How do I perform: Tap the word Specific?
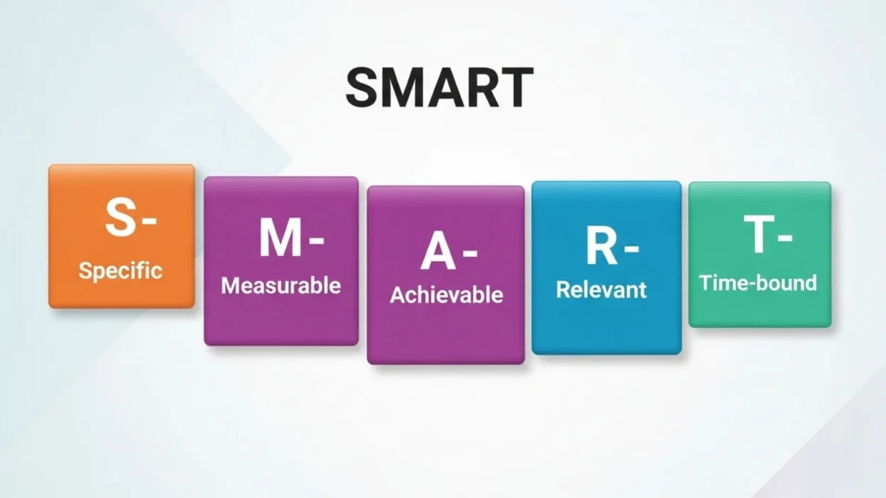point(121,270)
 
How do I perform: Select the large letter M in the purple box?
point(279,238)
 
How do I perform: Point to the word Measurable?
point(281,286)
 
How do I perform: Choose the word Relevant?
point(601,289)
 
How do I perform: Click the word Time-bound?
point(758,283)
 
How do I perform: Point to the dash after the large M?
point(316,240)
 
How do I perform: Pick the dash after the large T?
point(784,238)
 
